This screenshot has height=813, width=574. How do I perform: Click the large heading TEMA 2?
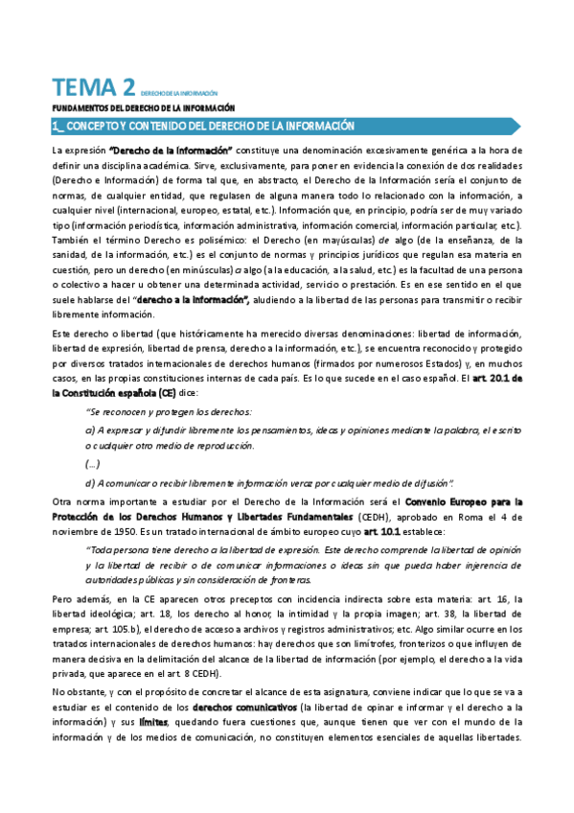click(x=92, y=88)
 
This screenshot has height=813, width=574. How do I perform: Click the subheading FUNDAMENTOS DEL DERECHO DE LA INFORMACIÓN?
click(x=143, y=108)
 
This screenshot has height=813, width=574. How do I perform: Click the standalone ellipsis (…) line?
click(x=92, y=463)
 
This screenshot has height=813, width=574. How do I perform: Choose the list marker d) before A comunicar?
click(x=90, y=481)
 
